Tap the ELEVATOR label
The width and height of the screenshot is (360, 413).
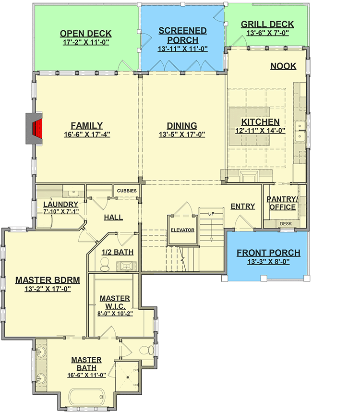(x=182, y=230)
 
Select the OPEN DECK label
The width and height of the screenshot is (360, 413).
(x=85, y=34)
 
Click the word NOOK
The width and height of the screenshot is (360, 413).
(x=283, y=66)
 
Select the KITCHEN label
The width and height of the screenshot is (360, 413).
(x=260, y=122)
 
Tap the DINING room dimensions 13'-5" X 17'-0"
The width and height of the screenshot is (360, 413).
(x=182, y=135)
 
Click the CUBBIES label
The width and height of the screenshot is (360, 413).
(x=127, y=191)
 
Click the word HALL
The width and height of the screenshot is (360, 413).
(x=113, y=217)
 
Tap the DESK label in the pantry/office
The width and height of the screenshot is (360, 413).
(x=286, y=223)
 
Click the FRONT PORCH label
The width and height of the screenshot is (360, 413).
(x=268, y=253)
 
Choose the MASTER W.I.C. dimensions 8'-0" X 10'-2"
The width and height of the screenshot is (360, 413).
(x=115, y=313)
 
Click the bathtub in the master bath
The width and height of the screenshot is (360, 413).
(x=87, y=398)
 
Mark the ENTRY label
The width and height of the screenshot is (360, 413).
(x=242, y=206)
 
